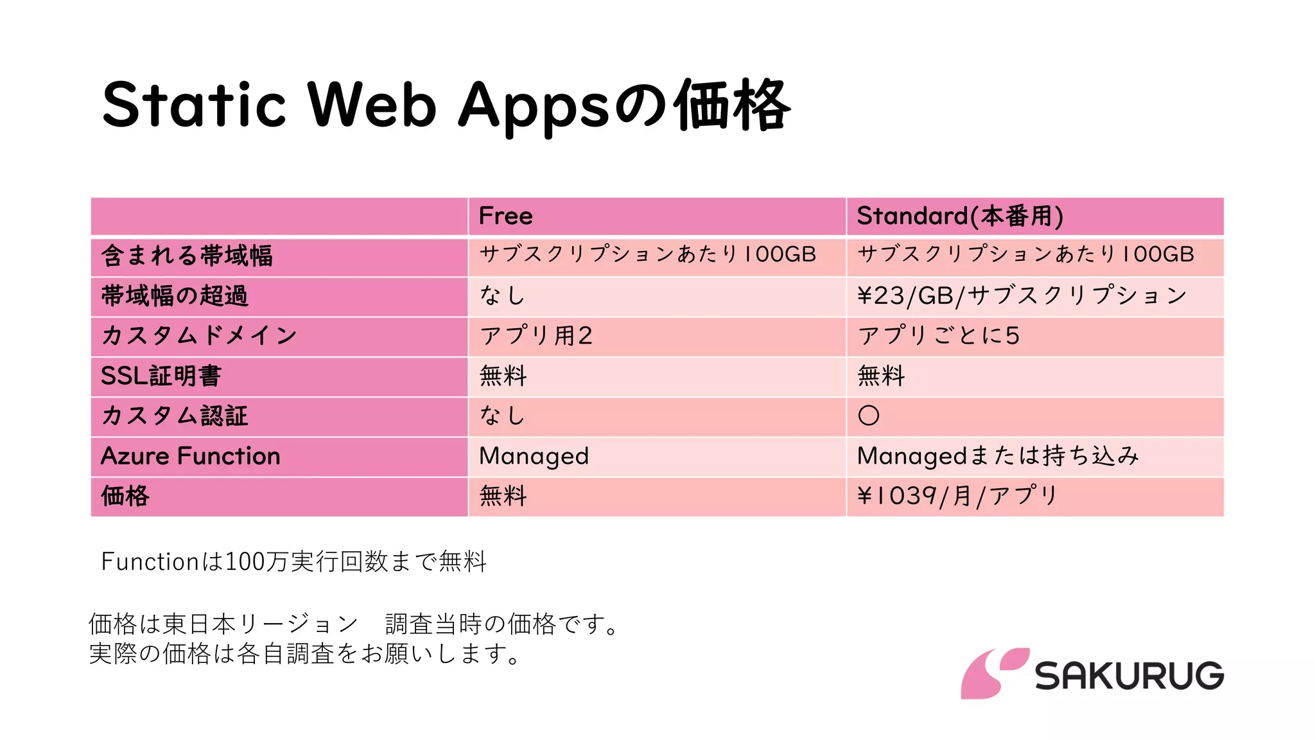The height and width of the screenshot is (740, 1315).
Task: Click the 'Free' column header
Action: pos(506,216)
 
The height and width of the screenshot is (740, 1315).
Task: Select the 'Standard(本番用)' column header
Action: pos(960,216)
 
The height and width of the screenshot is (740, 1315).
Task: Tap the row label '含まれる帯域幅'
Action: pos(187,256)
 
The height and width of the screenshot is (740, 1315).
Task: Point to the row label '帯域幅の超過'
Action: pos(175,295)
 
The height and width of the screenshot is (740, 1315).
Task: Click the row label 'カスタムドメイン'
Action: pos(199,335)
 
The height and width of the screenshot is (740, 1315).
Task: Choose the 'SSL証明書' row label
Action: pos(161,376)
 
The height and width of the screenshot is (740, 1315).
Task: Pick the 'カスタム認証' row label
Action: pos(175,416)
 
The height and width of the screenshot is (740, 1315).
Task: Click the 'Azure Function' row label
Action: pos(191,456)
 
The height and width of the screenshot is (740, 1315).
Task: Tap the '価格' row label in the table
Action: pos(125,496)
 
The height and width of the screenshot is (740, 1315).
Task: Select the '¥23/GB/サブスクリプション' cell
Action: pos(1022,295)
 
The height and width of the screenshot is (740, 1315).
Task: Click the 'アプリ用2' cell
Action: pos(536,335)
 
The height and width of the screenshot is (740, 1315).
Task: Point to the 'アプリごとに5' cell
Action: pos(939,335)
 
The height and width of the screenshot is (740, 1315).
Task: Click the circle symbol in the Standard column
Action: pos(869,416)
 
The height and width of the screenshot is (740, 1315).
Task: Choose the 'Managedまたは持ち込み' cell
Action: pos(998,456)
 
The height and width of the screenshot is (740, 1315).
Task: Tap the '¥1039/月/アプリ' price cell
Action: pos(957,496)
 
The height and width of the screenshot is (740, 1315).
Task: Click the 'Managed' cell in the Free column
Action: pos(534,456)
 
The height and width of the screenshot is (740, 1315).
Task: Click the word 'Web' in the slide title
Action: pos(372,105)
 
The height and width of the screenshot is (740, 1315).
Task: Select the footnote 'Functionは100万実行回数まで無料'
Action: pos(294,561)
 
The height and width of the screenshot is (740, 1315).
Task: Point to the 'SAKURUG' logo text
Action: pos(1129,675)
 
